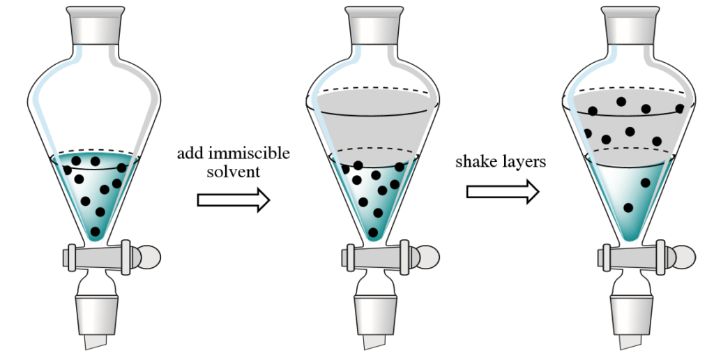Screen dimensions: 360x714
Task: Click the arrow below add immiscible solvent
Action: click(x=233, y=200)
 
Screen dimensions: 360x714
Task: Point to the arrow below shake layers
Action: click(x=502, y=191)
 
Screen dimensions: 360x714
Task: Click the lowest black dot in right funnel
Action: click(x=628, y=207)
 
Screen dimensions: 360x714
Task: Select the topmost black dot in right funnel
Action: click(x=621, y=102)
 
